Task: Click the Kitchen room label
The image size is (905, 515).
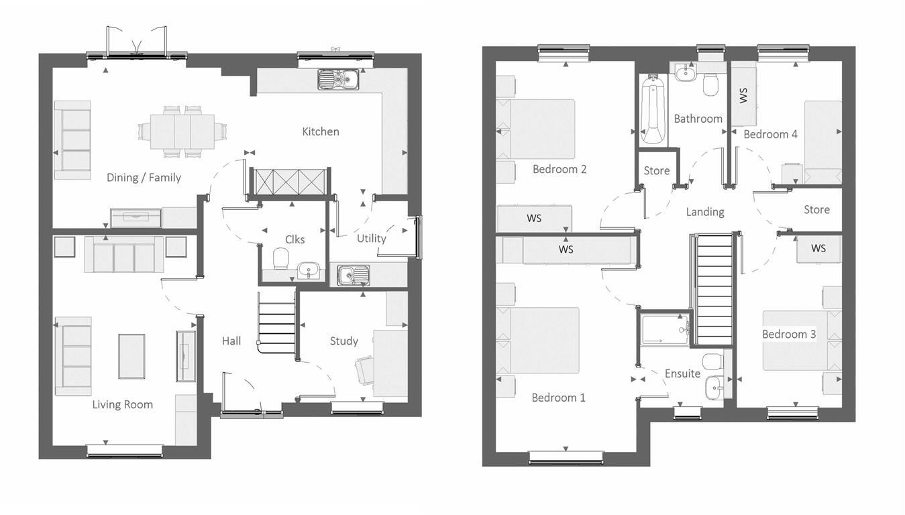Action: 320,131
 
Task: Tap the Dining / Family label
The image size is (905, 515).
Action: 144,178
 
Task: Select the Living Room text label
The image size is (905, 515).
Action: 122,404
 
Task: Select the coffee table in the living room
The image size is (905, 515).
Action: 131,356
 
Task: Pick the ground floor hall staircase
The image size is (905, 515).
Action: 277,323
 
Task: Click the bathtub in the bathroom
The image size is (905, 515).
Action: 653,111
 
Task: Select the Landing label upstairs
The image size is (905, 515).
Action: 704,212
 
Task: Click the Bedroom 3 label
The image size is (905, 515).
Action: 788,334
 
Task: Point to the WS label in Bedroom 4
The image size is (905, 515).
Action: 743,95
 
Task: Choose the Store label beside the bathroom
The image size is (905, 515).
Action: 656,171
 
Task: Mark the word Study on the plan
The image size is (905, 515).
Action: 343,341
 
